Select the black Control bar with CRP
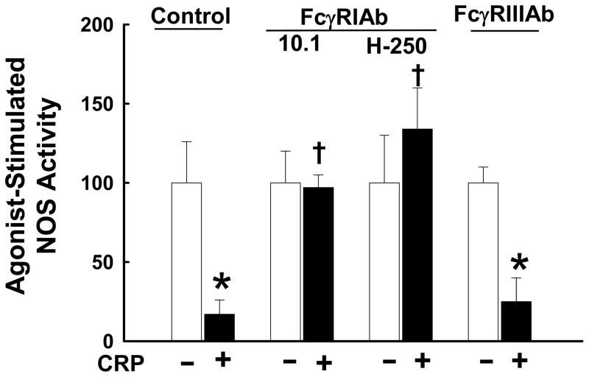click(219, 328)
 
